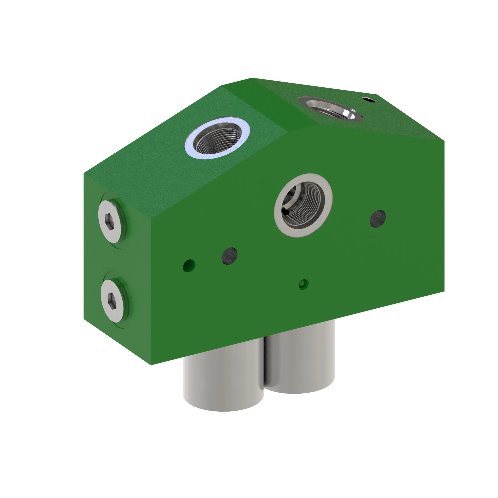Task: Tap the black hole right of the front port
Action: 378,219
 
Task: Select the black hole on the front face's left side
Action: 229,256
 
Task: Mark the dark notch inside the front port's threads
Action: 285,212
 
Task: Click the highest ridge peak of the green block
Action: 252,78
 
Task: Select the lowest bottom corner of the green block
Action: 151,365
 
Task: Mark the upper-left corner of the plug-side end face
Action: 84,173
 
